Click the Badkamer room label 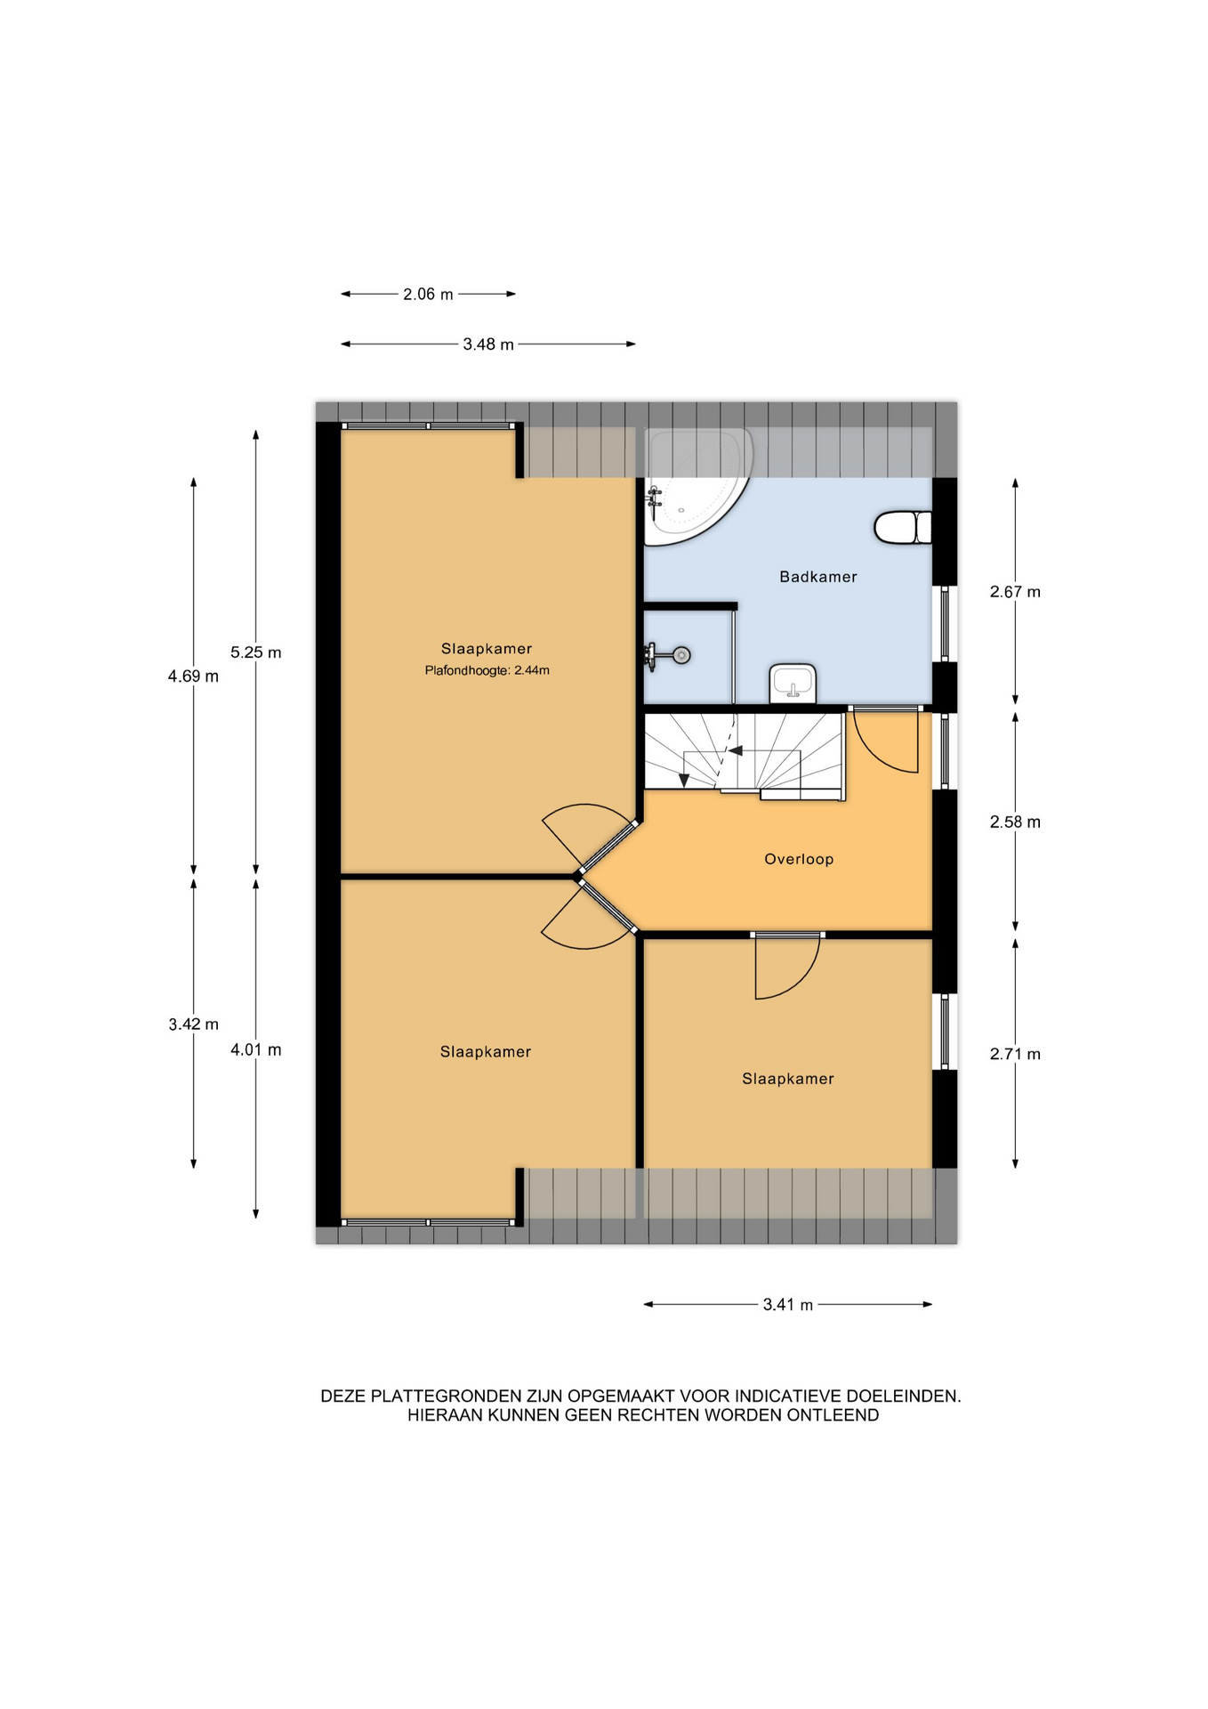817,577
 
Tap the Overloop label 799,859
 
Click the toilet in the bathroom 902,527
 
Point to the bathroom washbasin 793,684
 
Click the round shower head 681,656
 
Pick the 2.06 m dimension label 428,294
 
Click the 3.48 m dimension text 488,344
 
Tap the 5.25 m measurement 255,652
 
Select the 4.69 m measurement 193,676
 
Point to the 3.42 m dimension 193,1025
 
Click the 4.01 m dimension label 255,1050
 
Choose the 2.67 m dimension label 1015,592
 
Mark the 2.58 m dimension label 1015,822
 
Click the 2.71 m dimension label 1015,1055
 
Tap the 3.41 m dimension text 788,1305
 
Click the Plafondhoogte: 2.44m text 487,670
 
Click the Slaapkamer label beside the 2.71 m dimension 788,1079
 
